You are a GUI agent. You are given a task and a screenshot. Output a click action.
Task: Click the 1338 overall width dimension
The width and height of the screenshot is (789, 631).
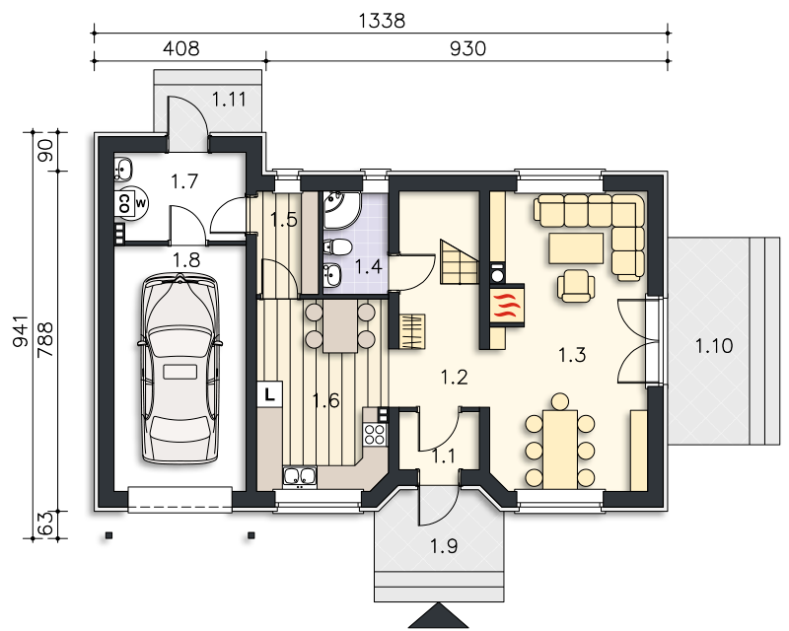pyautogui.click(x=382, y=21)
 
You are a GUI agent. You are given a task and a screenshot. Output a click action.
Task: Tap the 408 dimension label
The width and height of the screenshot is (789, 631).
pyautogui.click(x=181, y=48)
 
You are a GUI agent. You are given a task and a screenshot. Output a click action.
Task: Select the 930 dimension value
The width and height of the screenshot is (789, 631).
pyautogui.click(x=467, y=48)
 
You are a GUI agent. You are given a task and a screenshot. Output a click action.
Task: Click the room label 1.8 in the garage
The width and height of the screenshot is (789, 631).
pyautogui.click(x=186, y=260)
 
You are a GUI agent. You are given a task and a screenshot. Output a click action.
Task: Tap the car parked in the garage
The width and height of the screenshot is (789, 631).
pyautogui.click(x=179, y=369)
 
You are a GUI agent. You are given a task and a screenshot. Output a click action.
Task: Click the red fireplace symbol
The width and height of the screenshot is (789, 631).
pyautogui.click(x=507, y=306)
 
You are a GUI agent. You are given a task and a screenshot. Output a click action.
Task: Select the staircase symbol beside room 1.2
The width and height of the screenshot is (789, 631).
pyautogui.click(x=459, y=261)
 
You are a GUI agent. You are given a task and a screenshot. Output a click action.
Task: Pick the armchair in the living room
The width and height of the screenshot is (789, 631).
pyautogui.click(x=576, y=286)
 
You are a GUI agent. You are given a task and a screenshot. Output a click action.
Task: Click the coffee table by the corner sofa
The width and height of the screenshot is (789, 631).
pyautogui.click(x=576, y=248)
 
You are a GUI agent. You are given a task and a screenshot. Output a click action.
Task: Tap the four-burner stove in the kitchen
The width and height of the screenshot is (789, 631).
pyautogui.click(x=375, y=434)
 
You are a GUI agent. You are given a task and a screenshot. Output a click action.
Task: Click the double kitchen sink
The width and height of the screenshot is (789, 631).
pyautogui.click(x=300, y=477)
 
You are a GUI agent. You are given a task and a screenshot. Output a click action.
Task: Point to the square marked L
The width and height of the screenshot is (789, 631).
pyautogui.click(x=270, y=394)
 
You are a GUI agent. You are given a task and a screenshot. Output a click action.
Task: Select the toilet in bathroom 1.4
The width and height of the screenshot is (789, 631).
pyautogui.click(x=338, y=247)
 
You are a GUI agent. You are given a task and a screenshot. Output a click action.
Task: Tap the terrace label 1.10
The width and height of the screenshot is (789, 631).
pyautogui.click(x=714, y=346)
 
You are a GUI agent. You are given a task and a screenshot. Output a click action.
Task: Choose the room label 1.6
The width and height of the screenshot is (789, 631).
pyautogui.click(x=326, y=400)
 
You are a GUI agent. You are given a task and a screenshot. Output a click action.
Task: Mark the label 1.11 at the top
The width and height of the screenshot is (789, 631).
pyautogui.click(x=229, y=100)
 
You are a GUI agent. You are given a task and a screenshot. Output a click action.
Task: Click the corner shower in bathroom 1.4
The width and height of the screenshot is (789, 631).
pyautogui.click(x=340, y=209)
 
